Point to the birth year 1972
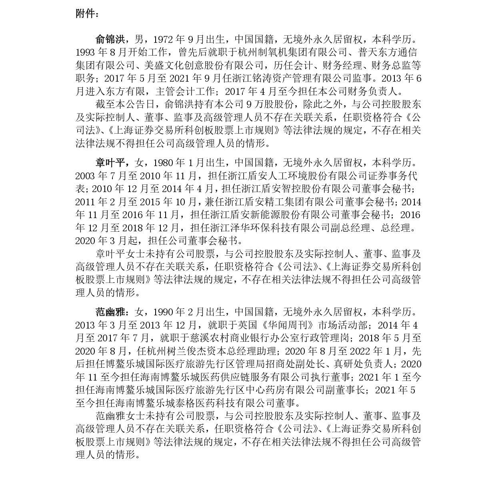point(164,39)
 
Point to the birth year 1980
point(164,163)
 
